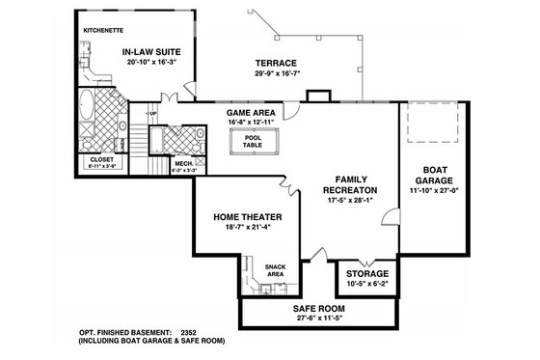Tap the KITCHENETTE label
(104, 30)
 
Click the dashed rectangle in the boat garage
(426, 125)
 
